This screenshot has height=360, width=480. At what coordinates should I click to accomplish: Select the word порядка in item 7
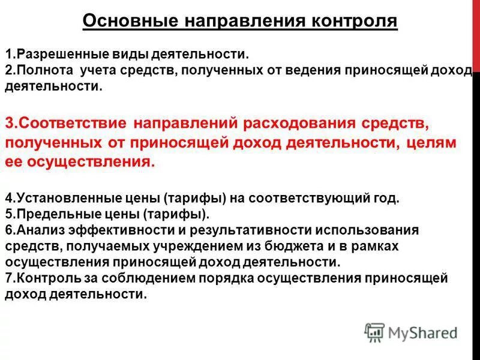point(225,278)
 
